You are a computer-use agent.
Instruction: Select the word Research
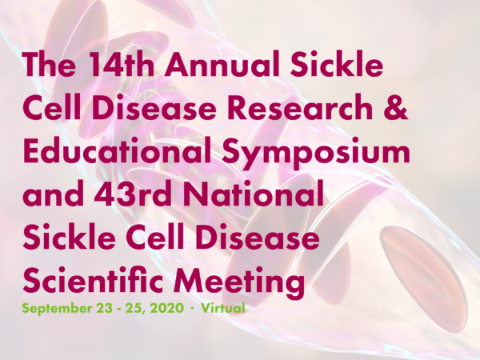coord(300,107)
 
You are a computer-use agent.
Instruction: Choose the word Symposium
coord(316,154)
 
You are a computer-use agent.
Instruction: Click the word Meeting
coord(238,283)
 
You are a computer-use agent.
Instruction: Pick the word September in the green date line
coord(57,309)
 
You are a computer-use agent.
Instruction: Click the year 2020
coord(166,308)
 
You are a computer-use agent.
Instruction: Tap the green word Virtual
coord(223,308)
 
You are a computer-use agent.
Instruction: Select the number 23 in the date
coord(104,308)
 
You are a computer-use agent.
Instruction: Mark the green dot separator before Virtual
coord(192,308)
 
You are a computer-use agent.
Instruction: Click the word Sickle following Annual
coord(337,65)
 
